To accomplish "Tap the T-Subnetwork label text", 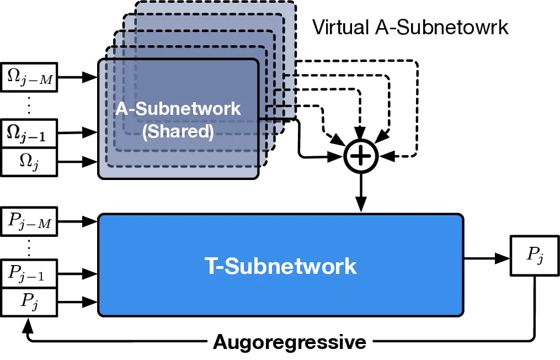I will click(x=281, y=266).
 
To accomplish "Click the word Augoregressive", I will click(x=289, y=342).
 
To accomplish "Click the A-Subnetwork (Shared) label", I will click(x=178, y=119).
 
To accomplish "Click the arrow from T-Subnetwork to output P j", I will click(x=486, y=257).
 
